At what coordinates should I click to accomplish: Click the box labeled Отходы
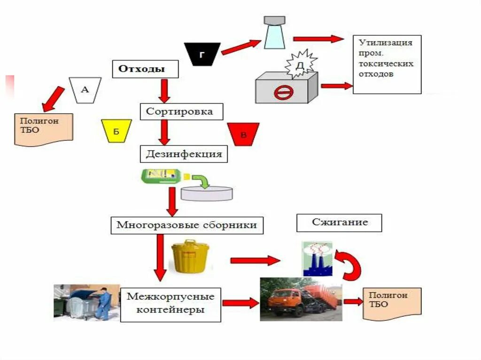(145, 69)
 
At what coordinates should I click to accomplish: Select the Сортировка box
(181, 111)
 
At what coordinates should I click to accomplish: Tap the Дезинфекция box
(184, 153)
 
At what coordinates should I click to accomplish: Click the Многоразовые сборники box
(187, 225)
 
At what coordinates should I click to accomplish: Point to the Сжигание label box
(339, 223)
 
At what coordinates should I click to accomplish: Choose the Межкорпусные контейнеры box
(171, 305)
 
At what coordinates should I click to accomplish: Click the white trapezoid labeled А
(85, 90)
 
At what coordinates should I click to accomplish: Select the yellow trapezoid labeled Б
(116, 131)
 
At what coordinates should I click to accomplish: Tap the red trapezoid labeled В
(243, 134)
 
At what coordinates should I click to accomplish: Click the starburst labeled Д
(300, 65)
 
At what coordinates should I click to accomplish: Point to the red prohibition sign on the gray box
(283, 92)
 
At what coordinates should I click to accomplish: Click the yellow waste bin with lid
(190, 256)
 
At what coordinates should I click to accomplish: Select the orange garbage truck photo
(301, 299)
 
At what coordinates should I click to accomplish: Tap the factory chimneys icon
(317, 259)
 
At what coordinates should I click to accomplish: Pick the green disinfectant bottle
(161, 176)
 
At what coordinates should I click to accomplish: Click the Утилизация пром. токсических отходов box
(387, 64)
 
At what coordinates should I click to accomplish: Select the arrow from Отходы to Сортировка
(164, 91)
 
